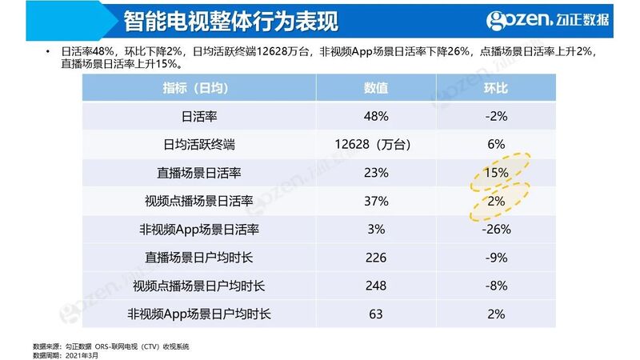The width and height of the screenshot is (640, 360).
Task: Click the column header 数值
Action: point(375,88)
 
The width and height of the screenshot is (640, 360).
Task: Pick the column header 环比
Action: point(495,88)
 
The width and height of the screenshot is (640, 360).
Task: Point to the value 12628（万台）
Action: point(375,145)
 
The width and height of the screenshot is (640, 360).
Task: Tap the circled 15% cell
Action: point(495,173)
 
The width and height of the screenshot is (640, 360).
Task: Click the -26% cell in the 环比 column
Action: point(495,230)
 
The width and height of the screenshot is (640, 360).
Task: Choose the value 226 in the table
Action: point(375,258)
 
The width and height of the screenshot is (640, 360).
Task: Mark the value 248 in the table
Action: point(375,286)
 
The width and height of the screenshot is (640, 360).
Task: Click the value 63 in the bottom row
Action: point(375,314)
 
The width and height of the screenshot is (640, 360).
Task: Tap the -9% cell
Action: point(495,258)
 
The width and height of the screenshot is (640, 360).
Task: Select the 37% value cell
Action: point(375,202)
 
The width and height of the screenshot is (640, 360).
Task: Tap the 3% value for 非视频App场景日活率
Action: point(375,230)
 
